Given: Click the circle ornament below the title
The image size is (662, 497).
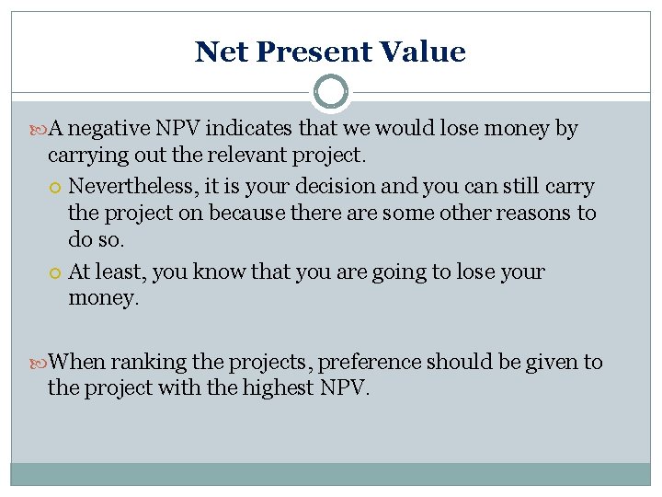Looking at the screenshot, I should click(x=331, y=92).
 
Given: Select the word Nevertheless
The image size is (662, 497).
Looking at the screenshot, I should click(x=129, y=187).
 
